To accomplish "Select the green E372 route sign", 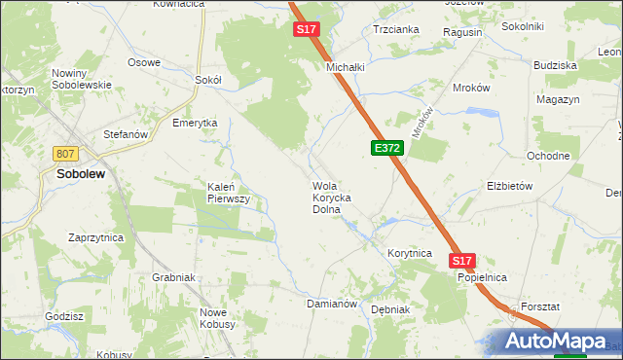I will pos(386,148).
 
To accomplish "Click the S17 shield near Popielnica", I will pos(462,261).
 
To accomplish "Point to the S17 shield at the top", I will pos(307,30).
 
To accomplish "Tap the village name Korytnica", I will pos(409,253).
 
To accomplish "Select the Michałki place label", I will pos(345,67).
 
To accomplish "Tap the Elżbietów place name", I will pos(510,185).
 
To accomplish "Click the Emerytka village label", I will pos(195,123).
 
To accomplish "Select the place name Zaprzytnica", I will pos(95,236).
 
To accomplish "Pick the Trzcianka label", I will pos(396,29).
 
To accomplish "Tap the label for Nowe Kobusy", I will pos(219,318).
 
